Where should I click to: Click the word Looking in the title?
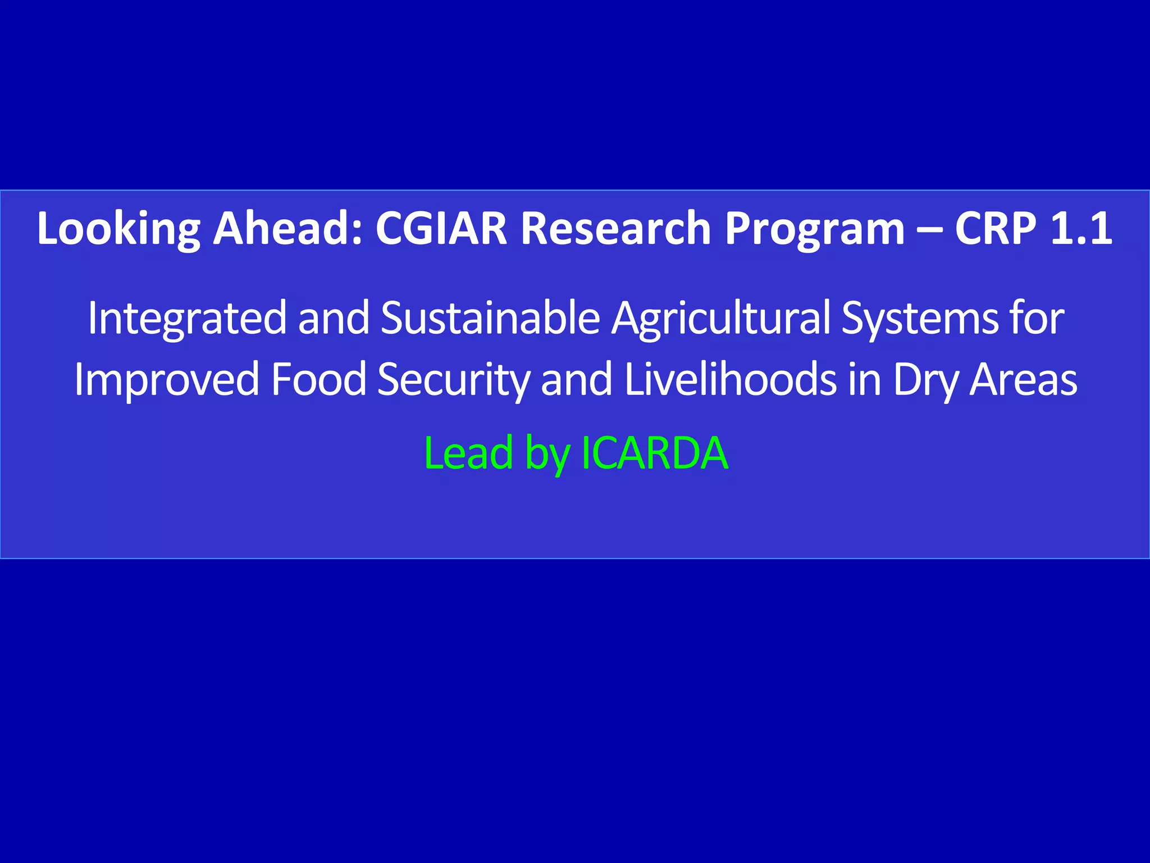(x=118, y=229)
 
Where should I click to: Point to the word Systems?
(x=919, y=319)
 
